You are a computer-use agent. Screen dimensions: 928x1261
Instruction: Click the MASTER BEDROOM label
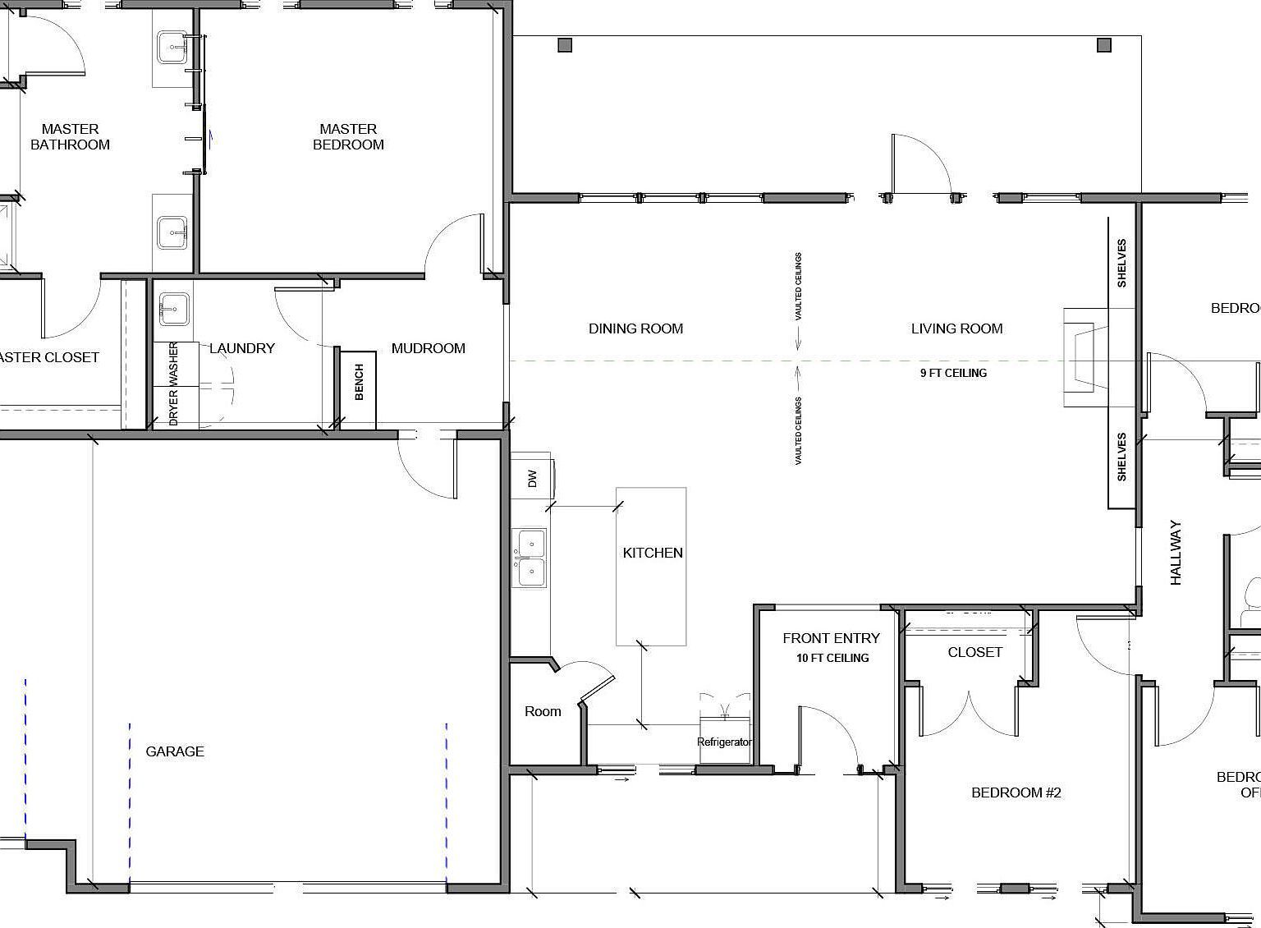(348, 137)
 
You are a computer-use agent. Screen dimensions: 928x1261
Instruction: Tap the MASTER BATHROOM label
(70, 137)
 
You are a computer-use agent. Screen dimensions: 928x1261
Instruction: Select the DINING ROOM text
(635, 328)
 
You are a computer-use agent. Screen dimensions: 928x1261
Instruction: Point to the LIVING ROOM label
(956, 328)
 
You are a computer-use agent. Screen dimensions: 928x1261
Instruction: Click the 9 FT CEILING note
(953, 373)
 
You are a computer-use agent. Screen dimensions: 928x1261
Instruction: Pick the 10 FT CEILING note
(832, 658)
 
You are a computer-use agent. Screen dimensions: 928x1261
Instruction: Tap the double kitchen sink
(530, 558)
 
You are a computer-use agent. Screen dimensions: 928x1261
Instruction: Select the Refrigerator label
(723, 742)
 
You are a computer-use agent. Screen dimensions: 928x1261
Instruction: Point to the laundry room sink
(173, 310)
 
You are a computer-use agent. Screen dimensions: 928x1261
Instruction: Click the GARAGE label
(175, 751)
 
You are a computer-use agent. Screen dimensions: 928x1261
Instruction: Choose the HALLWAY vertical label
(1176, 553)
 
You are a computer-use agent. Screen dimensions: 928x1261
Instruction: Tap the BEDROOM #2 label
(1016, 792)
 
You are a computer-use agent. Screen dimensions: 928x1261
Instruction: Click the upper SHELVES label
(1121, 263)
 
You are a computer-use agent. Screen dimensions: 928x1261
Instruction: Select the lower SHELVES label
(1121, 457)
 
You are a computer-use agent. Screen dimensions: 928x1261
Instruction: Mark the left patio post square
(565, 45)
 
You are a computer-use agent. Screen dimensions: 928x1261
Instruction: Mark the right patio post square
(1104, 45)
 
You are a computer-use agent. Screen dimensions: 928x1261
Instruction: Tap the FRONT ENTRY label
(831, 638)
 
